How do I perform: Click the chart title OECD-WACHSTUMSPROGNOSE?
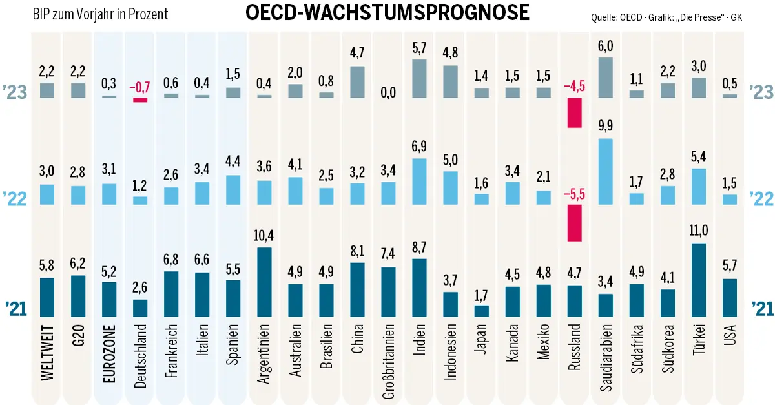pos(387,12)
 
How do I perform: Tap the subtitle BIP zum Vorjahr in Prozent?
pos(100,14)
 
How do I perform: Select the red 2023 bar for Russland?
pos(575,112)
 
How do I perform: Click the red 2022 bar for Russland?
pos(575,223)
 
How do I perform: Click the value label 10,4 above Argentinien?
pos(264,234)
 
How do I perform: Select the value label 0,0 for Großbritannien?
pos(388,93)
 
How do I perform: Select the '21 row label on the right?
pos(760,309)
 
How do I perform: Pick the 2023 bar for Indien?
pos(419,78)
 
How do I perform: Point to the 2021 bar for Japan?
pos(482,311)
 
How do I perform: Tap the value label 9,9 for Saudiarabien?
pos(606,126)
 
